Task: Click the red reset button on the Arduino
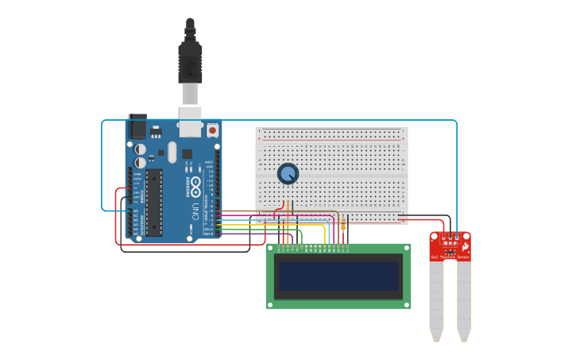point(212,130)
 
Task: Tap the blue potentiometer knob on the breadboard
point(288,173)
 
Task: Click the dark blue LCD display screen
point(338,276)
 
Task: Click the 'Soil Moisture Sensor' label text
point(450,257)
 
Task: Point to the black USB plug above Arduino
point(190,60)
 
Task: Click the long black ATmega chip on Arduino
point(154,202)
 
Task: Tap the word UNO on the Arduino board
point(195,211)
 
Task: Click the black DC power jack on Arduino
point(137,126)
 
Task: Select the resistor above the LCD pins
point(343,225)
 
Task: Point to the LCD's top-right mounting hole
point(406,248)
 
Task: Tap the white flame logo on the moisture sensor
point(464,247)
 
